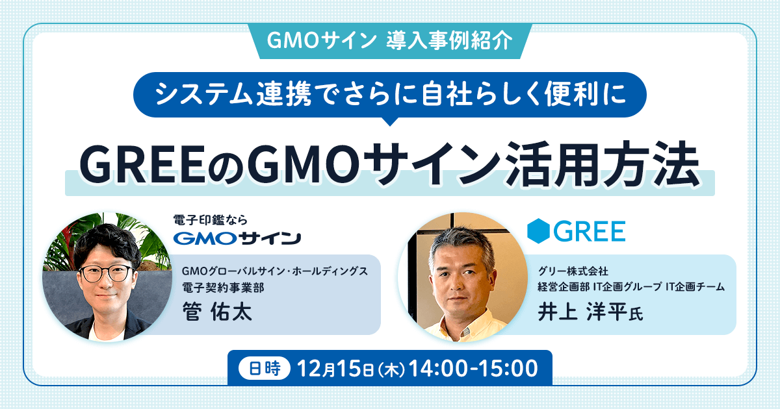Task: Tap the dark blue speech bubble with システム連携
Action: pyautogui.click(x=389, y=94)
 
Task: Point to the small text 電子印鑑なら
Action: pyautogui.click(x=211, y=219)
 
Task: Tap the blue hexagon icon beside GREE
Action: pyautogui.click(x=539, y=231)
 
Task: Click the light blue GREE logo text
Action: pyautogui.click(x=590, y=231)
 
